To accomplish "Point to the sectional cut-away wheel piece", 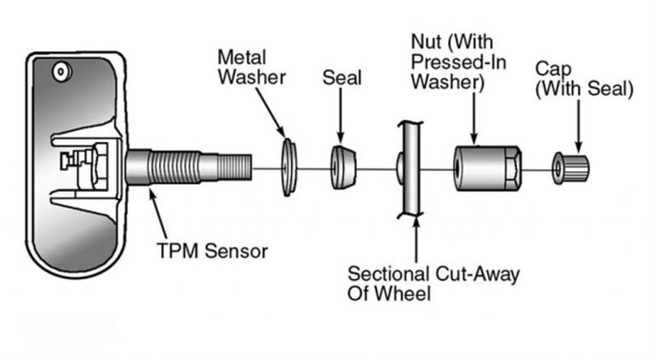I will (x=408, y=167).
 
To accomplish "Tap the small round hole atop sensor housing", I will (x=60, y=75).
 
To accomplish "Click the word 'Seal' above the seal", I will (x=342, y=77).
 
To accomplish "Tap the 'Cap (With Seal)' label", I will (x=583, y=77).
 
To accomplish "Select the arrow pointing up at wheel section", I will (x=416, y=238).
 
